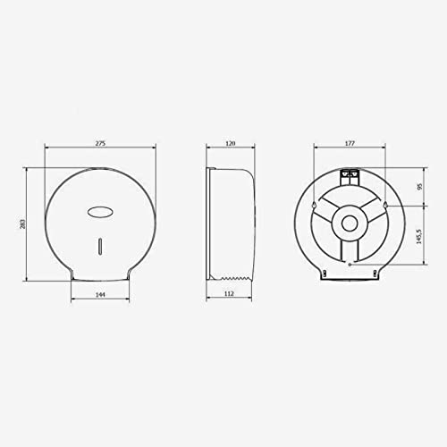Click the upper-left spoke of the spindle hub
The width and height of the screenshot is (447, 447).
328,206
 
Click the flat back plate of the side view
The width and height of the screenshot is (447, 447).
207,223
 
